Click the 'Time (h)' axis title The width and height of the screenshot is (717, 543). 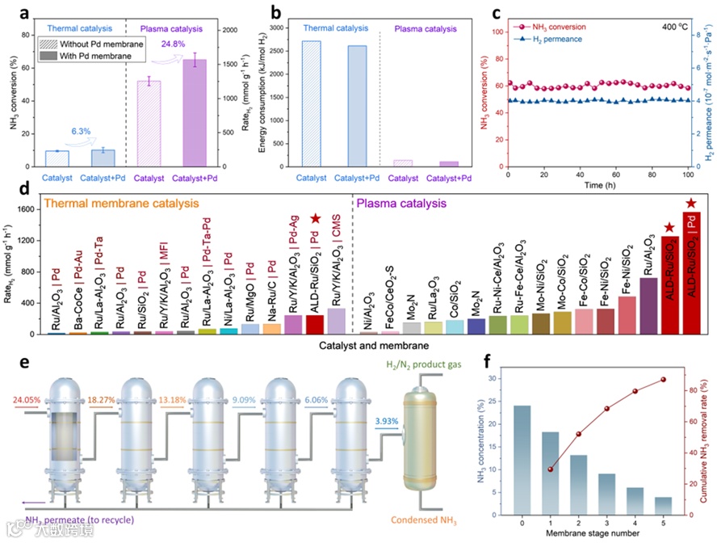pyautogui.click(x=597, y=185)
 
